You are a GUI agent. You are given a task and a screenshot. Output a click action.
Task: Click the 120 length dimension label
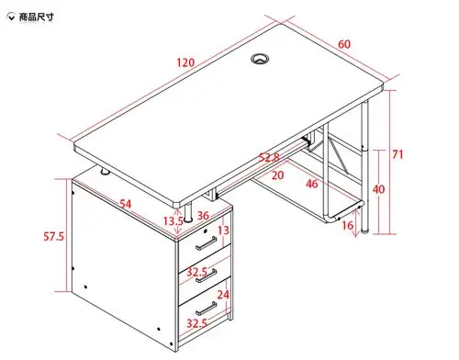pos(185,62)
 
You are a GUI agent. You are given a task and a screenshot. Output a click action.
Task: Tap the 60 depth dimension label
pos(344,44)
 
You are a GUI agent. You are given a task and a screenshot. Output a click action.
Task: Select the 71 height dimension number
pos(397,154)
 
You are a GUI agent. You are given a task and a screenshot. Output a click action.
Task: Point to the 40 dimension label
pos(378,189)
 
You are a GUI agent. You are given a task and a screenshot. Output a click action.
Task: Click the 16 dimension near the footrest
pos(348,226)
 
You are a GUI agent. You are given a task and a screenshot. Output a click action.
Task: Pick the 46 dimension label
pos(312,184)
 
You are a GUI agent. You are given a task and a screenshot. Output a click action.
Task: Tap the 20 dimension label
pos(277,175)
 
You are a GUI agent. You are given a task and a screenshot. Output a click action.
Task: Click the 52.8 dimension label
pos(269,158)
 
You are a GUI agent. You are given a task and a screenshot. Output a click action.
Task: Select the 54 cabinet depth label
pos(126,204)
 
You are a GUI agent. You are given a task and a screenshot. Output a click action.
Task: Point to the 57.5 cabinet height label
pos(53,236)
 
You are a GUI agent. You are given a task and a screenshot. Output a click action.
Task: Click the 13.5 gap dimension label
pos(173,220)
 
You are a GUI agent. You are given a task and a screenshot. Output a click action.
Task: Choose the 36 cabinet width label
pos(203,216)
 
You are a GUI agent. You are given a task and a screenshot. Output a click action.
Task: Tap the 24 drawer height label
pos(223,295)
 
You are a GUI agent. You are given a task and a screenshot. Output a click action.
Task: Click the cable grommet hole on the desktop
pos(260,58)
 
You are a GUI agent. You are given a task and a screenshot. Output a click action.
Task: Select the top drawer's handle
pos(207,243)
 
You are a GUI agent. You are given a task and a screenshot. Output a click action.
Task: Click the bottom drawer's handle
pos(207,309)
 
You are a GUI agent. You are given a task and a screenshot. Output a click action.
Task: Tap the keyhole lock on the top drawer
pos(206,231)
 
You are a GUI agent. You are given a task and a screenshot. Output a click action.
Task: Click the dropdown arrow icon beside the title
pos(11,17)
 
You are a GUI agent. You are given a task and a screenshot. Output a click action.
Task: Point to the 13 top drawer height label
pos(223,230)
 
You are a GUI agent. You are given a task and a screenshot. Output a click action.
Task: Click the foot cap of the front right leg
pos(364,231)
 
